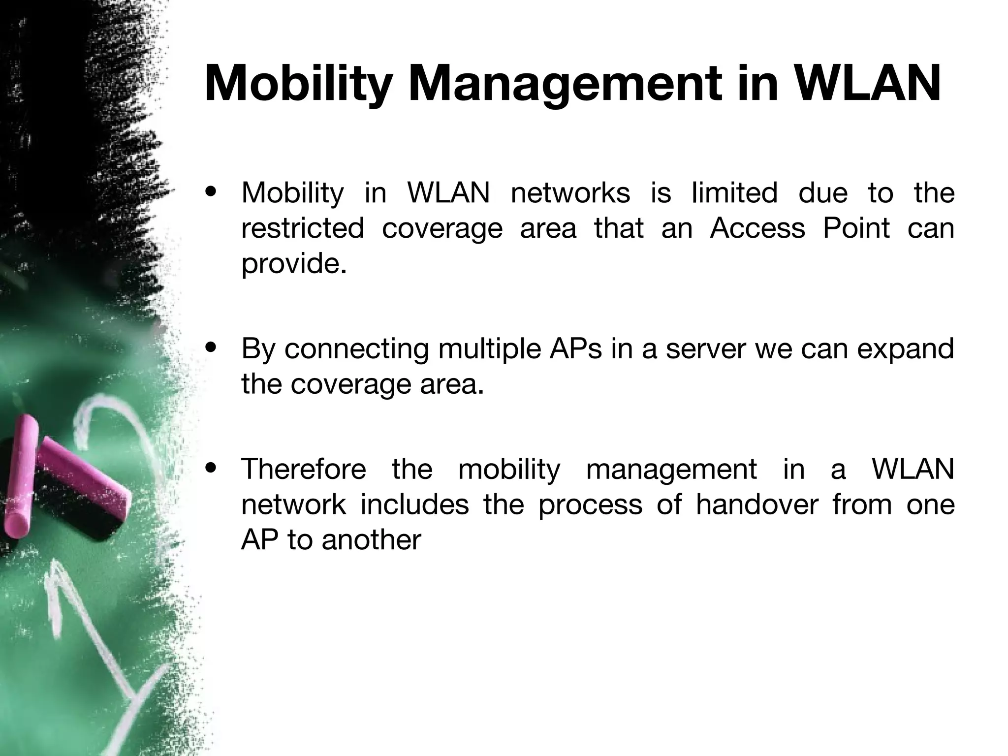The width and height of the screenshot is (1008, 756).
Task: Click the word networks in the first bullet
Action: tap(570, 192)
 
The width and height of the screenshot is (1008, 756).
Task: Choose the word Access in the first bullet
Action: tap(757, 228)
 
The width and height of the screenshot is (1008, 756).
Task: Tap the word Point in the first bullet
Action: tap(856, 228)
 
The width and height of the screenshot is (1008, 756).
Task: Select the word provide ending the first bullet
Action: tap(294, 264)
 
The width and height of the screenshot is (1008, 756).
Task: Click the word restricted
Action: tap(303, 228)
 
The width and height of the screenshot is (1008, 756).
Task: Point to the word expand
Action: tap(906, 348)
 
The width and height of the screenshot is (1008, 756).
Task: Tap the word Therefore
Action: tap(304, 469)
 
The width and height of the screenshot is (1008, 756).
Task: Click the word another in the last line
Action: tap(371, 540)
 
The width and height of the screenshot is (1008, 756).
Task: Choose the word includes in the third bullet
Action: tap(414, 504)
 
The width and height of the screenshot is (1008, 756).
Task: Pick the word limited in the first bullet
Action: tap(734, 192)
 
